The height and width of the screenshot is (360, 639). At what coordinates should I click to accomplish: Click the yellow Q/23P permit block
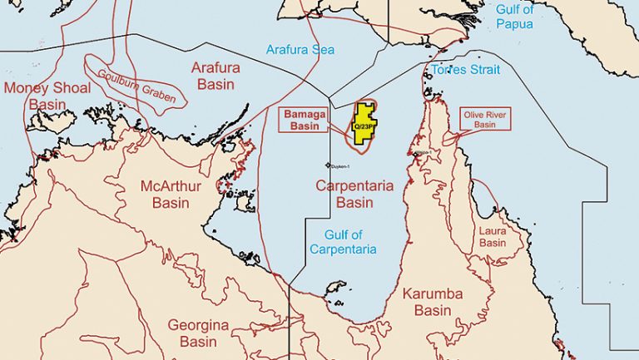(x=364, y=126)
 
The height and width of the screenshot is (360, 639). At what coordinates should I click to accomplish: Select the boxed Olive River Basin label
(x=484, y=118)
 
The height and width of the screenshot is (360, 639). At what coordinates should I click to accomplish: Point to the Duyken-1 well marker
(x=329, y=165)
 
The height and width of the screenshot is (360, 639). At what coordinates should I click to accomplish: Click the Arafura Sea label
(x=300, y=50)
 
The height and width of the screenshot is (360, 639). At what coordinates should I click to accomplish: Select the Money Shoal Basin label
(x=47, y=96)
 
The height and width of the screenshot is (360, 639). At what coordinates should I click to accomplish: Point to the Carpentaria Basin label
(x=354, y=194)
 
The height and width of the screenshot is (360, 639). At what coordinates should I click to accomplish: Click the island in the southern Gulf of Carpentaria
(x=335, y=287)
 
